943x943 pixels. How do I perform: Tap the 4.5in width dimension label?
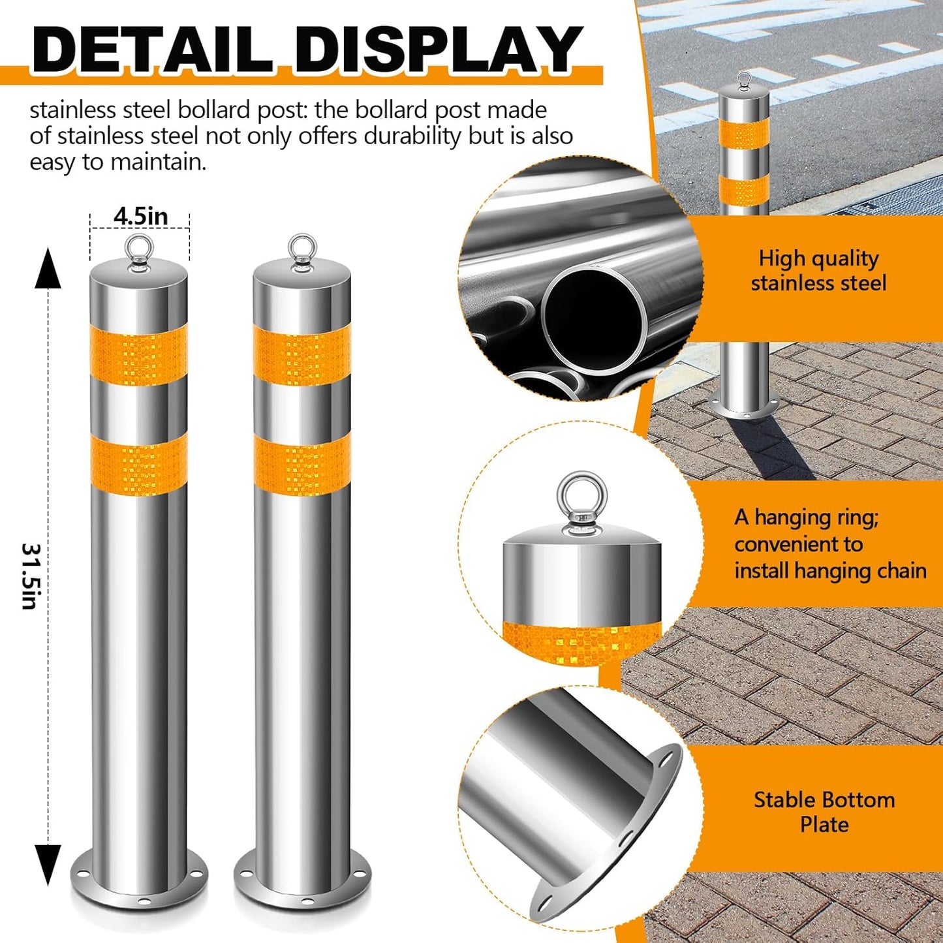click(140, 216)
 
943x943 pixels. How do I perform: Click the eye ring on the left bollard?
click(140, 249)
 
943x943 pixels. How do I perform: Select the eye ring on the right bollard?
click(302, 249)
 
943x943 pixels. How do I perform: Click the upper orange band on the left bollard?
click(139, 356)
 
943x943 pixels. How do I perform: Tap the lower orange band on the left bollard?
click(139, 464)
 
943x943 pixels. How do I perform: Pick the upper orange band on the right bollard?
click(302, 356)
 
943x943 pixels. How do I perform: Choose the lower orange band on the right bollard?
click(302, 464)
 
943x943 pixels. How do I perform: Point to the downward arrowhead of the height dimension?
click(48, 863)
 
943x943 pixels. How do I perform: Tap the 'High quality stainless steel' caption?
click(818, 271)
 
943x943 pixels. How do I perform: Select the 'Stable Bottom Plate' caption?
click(824, 812)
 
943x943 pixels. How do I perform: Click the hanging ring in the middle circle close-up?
click(581, 497)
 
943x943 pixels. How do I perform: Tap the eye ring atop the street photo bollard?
click(744, 81)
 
